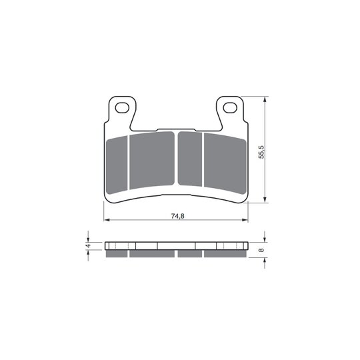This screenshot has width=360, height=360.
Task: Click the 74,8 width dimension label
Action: (178, 216)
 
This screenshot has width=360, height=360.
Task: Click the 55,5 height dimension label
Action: (261, 152)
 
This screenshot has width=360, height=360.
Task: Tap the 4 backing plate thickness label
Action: (88, 245)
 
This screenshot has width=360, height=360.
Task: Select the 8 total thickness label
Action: (261, 250)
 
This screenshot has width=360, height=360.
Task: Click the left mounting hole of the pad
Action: (122, 108)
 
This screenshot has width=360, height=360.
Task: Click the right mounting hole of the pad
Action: (230, 108)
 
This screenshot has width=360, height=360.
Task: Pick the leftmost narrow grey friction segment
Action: (117, 165)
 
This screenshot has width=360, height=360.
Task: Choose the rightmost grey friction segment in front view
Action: (225, 163)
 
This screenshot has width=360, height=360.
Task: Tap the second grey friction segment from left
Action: (152, 160)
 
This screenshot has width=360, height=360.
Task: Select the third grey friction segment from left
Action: (190, 159)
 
